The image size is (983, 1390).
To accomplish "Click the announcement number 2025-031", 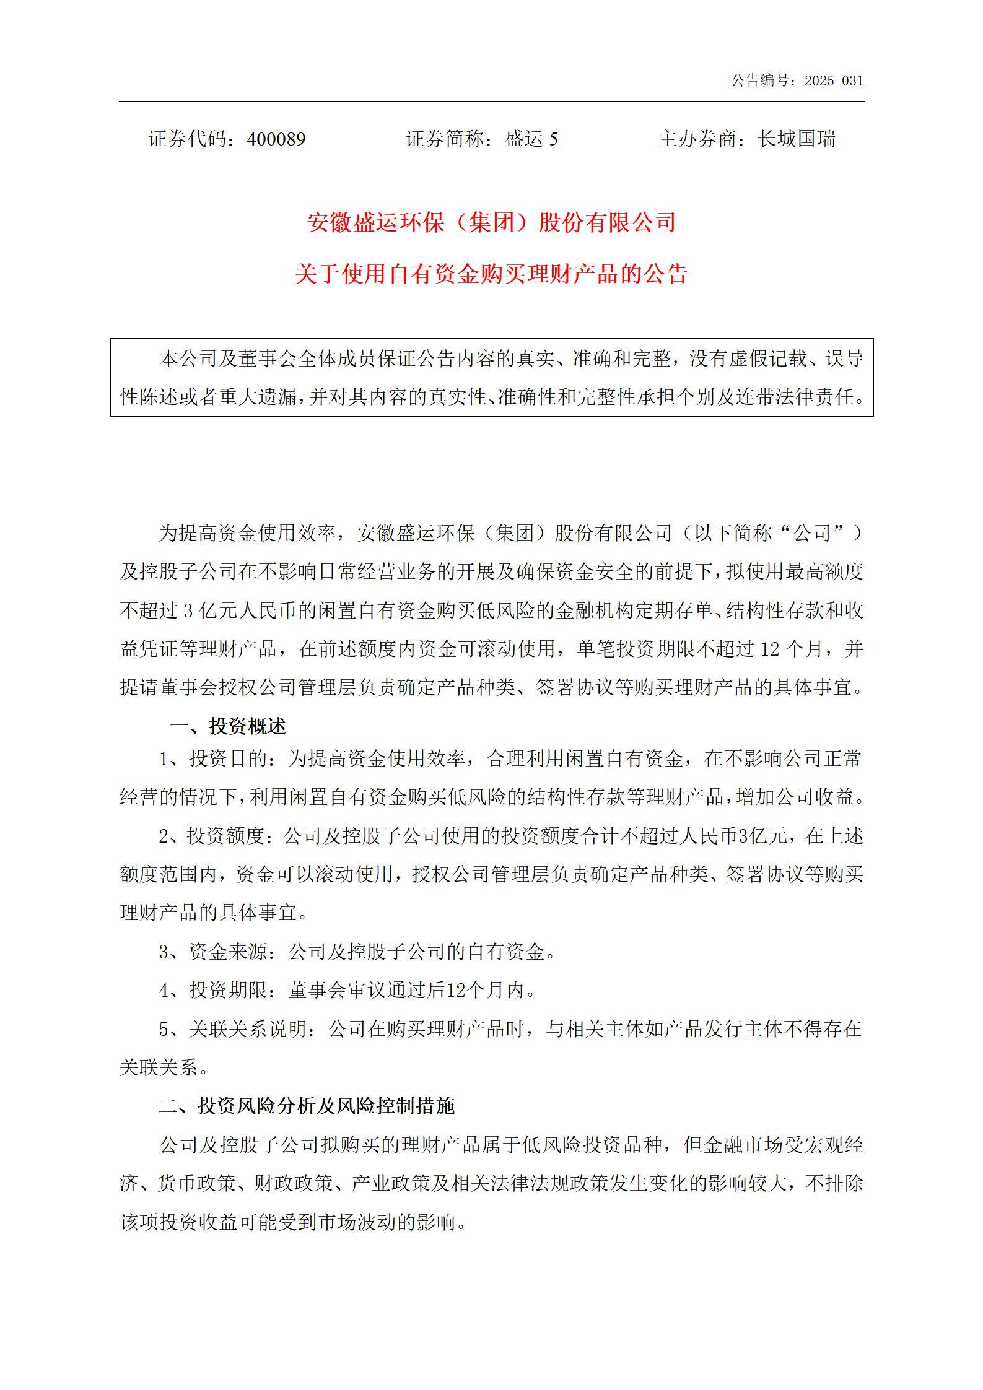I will [833, 81].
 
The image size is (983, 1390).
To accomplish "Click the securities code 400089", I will [276, 139].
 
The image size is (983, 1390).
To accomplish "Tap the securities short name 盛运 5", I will [531, 139].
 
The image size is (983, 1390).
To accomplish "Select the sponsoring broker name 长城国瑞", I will [797, 139].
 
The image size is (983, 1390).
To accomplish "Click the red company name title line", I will [491, 222].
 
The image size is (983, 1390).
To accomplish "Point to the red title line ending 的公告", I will [491, 274].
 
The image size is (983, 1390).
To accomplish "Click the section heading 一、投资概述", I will [229, 726].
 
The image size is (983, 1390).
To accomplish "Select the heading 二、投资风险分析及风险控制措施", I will [307, 1106].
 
